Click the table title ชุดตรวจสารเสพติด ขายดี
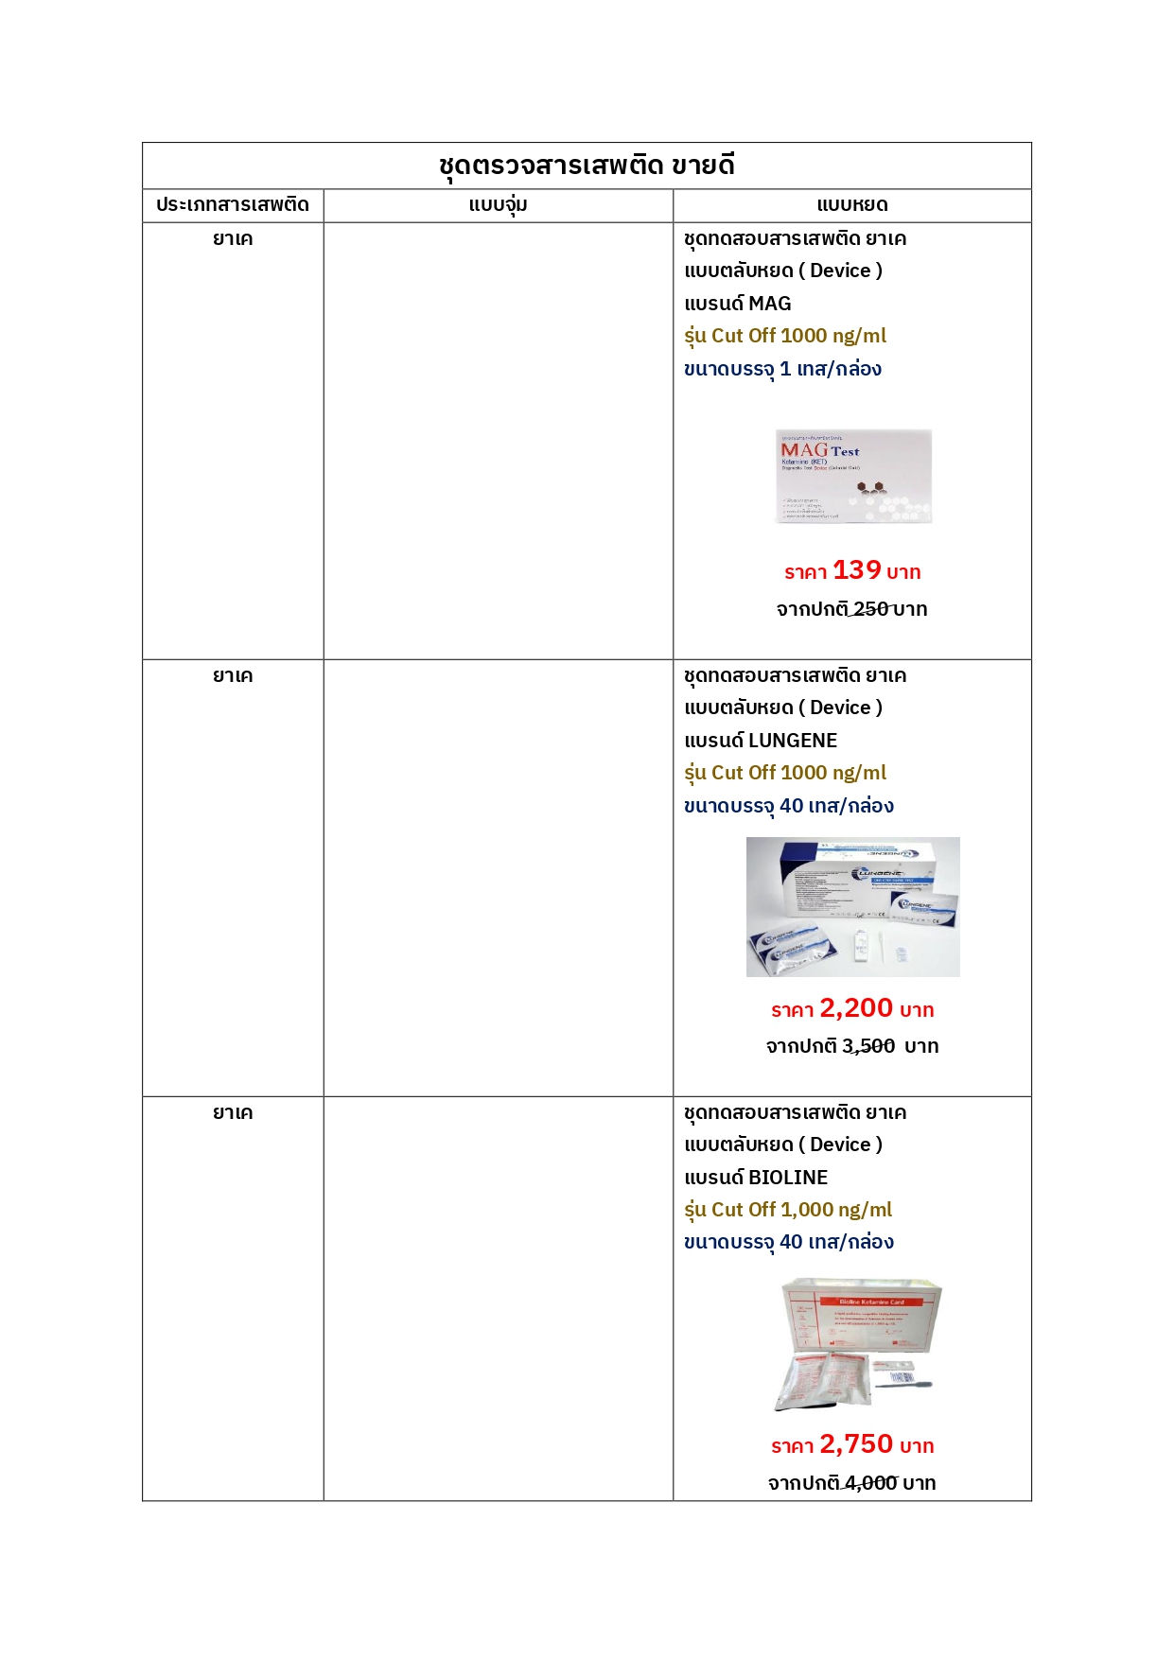pyautogui.click(x=587, y=166)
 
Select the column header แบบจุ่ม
pyautogui.click(x=498, y=204)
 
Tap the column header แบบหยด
pyautogui.click(x=851, y=204)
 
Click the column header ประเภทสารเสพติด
pyautogui.click(x=233, y=204)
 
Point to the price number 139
pyautogui.click(x=856, y=570)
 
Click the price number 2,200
pyautogui.click(x=856, y=1008)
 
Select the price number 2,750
pyautogui.click(x=856, y=1444)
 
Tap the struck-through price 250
pyautogui.click(x=870, y=609)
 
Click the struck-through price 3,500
pyautogui.click(x=868, y=1046)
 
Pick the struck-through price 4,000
pyautogui.click(x=870, y=1483)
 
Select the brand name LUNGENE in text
pyautogui.click(x=793, y=741)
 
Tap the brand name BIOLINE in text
pyautogui.click(x=788, y=1178)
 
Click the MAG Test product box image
pyautogui.click(x=853, y=476)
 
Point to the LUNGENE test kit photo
pyautogui.click(x=852, y=906)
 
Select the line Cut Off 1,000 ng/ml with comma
pyautogui.click(x=788, y=1210)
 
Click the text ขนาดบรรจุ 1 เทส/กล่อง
pyautogui.click(x=782, y=369)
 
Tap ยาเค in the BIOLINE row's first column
pyautogui.click(x=233, y=1113)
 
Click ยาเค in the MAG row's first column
pyautogui.click(x=233, y=239)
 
